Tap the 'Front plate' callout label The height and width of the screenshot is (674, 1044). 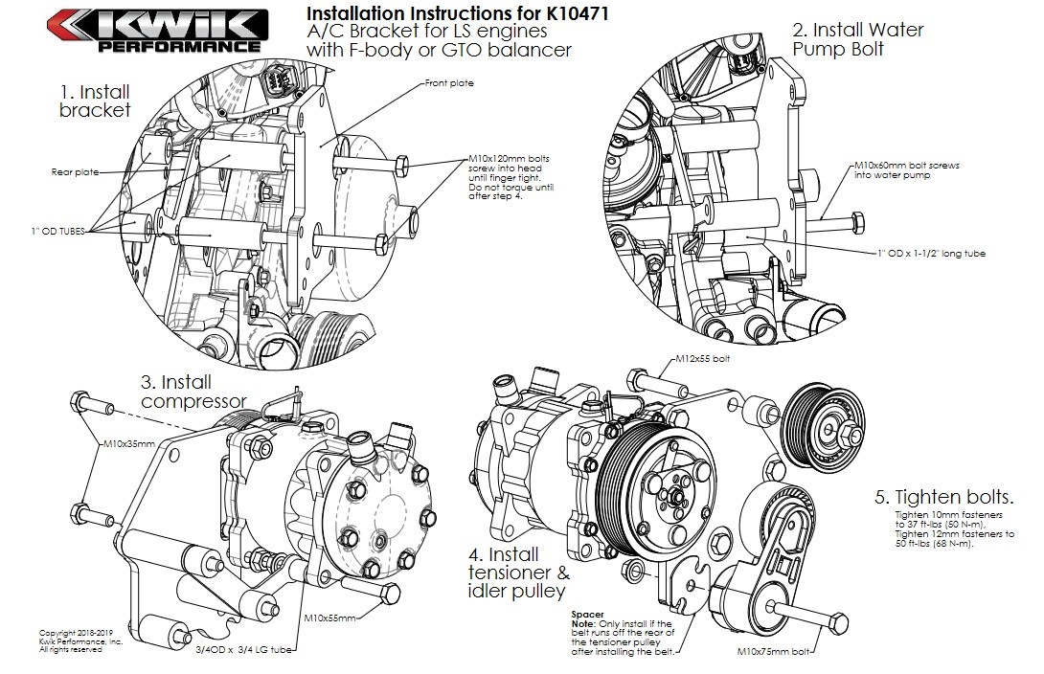pos(449,83)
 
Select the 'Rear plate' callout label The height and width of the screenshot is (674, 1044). pos(75,172)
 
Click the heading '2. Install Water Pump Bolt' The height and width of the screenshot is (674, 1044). pos(857,39)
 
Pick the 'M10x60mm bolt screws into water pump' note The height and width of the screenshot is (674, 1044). pos(907,170)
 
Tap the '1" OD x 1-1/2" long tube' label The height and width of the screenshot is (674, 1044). pos(930,254)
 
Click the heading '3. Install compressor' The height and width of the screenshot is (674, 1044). pos(193,391)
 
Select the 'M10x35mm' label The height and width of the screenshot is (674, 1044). pos(128,444)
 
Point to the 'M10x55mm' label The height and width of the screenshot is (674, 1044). pos(329,618)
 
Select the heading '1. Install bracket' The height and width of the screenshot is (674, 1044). pos(94,101)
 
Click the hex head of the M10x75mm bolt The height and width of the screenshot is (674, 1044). pos(837,626)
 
